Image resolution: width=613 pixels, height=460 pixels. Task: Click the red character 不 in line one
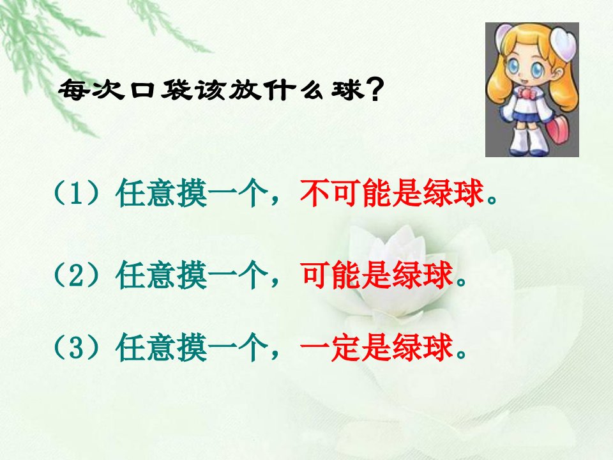315,193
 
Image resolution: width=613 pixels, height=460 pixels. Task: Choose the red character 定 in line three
346,348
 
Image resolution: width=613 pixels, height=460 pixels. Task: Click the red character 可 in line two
315,275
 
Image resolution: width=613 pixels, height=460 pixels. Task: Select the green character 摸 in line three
192,348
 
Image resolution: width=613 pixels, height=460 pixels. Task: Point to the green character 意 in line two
162,275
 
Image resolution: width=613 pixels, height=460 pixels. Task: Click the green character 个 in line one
254,193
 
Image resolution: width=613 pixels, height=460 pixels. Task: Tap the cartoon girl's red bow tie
525,94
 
